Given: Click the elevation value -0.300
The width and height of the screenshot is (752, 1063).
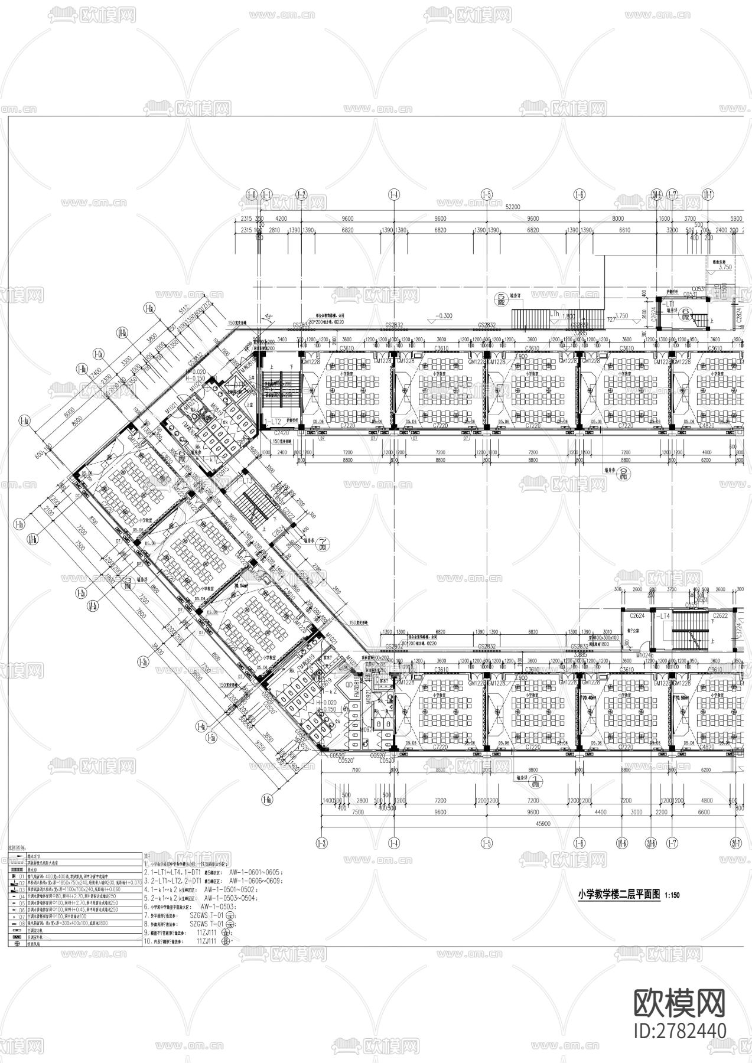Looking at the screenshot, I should (444, 315).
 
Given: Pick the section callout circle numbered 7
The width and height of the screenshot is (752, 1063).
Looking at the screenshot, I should (323, 541).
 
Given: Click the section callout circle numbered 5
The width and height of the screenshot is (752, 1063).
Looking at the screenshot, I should (501, 298).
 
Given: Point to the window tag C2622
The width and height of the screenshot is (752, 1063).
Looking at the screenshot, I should (720, 615).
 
